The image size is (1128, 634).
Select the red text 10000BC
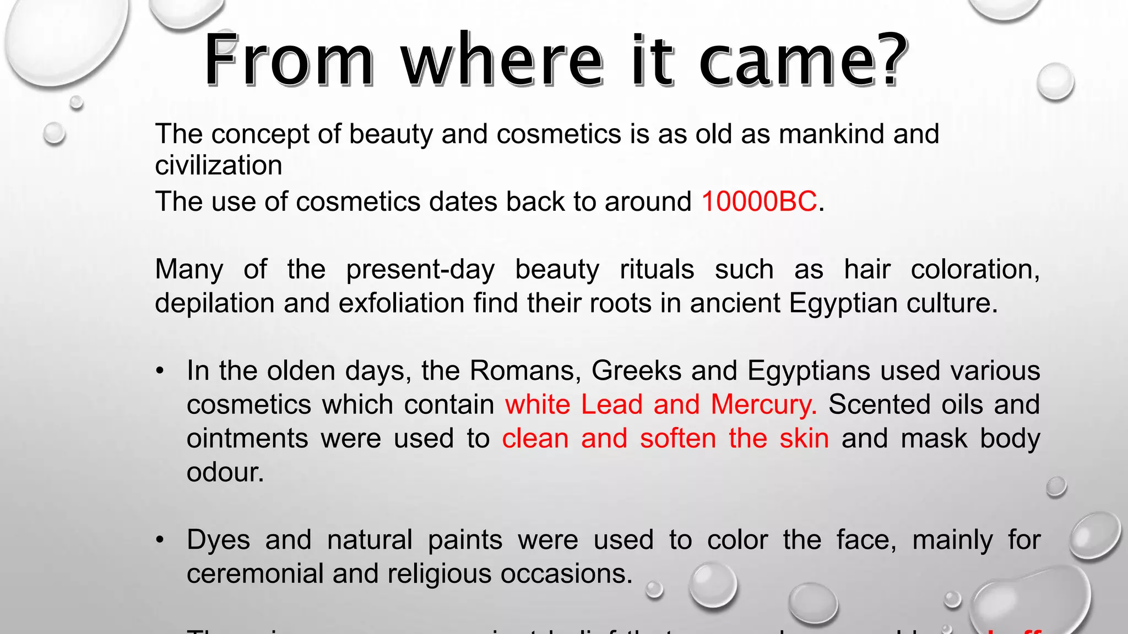pos(759,201)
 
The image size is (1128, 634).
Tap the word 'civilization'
pos(219,166)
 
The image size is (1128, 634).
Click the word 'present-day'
pos(420,270)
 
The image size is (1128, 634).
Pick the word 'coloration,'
pos(975,270)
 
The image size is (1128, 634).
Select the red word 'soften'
pos(678,439)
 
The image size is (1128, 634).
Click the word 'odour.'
pos(225,472)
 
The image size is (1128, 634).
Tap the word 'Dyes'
pos(219,540)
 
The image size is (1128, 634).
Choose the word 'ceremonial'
pos(254,573)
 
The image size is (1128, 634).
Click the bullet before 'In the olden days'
pos(160,371)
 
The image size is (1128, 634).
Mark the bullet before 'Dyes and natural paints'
pos(160,540)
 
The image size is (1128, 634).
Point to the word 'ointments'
pos(247,439)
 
